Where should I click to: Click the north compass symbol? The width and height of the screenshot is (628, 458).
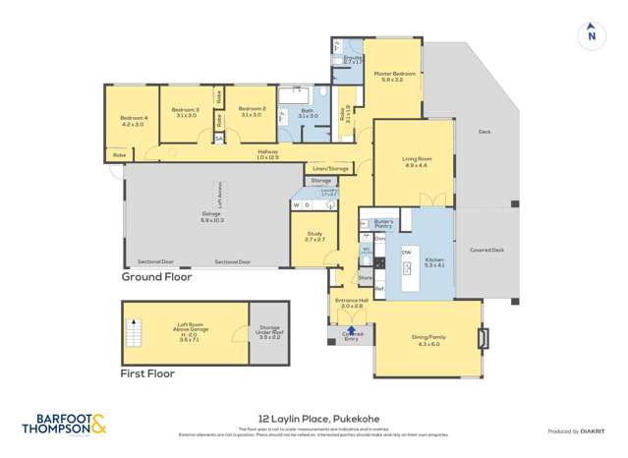click(x=591, y=33)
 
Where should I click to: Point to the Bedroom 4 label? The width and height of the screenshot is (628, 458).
click(x=133, y=121)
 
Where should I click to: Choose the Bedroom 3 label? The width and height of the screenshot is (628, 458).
click(x=185, y=112)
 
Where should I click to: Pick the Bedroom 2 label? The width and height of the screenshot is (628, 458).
click(x=252, y=112)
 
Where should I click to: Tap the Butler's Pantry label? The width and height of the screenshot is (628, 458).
click(x=383, y=225)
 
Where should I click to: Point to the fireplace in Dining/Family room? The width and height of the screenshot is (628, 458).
click(x=481, y=339)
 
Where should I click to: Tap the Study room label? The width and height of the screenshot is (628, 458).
click(x=314, y=236)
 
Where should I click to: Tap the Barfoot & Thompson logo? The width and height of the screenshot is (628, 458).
click(x=64, y=425)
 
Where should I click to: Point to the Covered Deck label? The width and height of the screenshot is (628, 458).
click(x=486, y=250)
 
